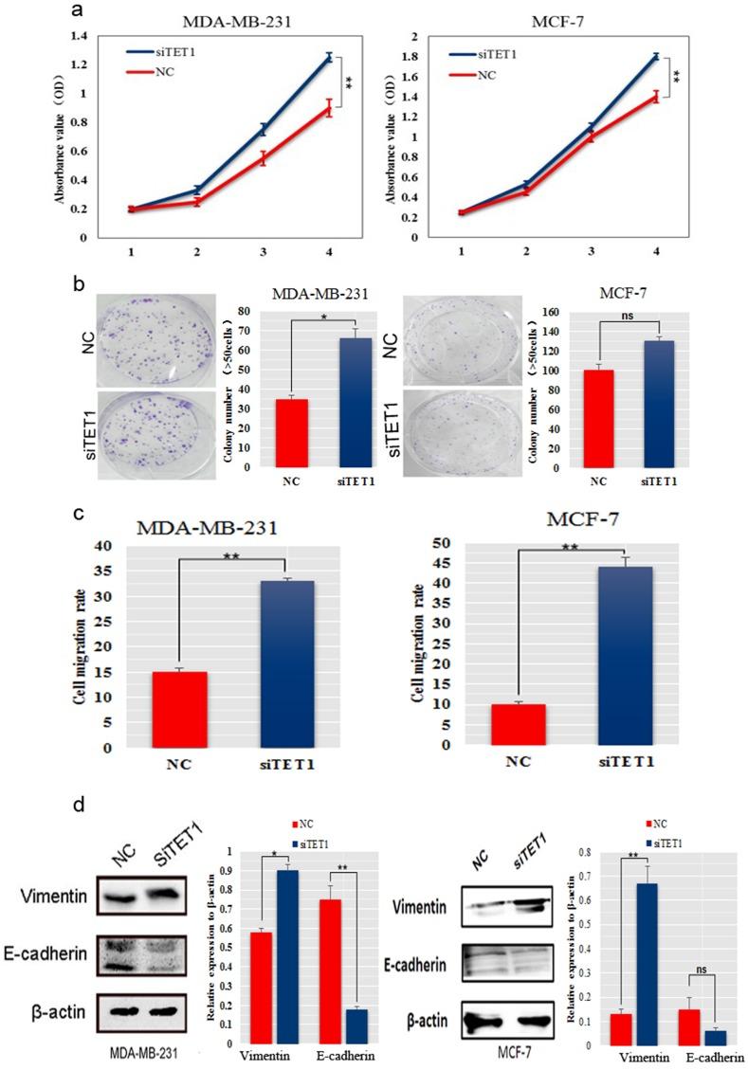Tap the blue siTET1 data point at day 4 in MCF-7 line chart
click(655, 57)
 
